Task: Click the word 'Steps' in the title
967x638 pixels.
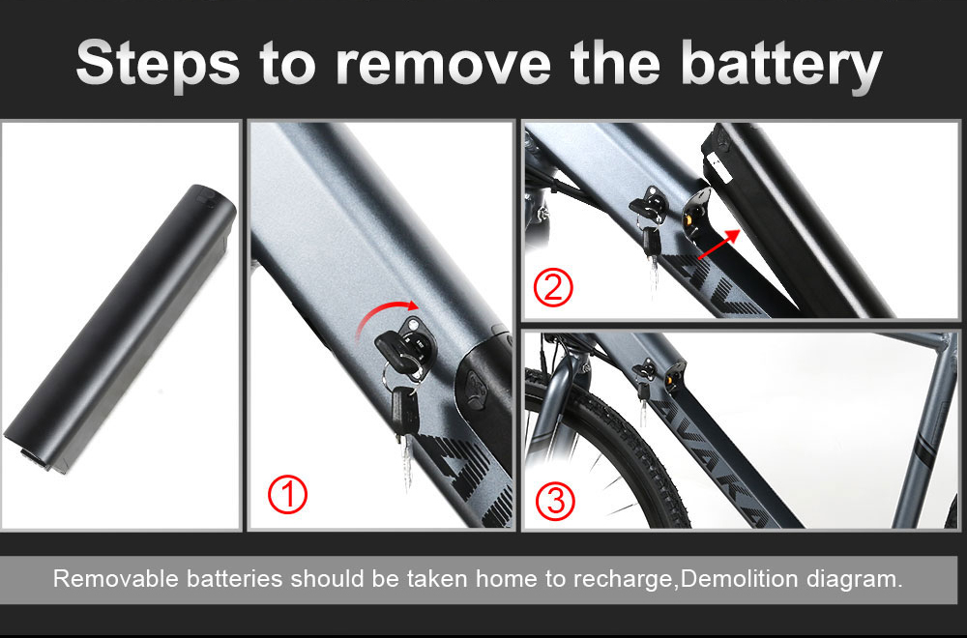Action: tap(158, 62)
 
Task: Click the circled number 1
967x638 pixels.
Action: tap(287, 494)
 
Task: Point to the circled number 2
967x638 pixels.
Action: tap(552, 287)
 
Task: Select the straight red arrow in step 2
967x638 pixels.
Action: tap(719, 244)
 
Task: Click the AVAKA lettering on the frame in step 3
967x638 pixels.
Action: tap(715, 460)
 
